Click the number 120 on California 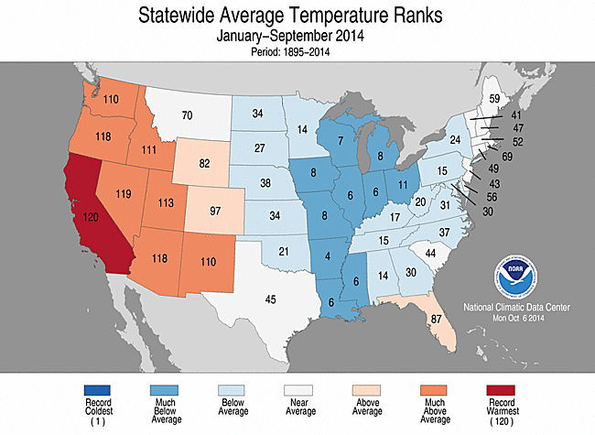click(91, 218)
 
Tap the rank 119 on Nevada click(124, 194)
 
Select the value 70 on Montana click(187, 115)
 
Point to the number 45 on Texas click(270, 299)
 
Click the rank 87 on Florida click(437, 319)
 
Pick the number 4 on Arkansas click(328, 256)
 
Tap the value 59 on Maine click(494, 99)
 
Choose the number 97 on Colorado click(215, 211)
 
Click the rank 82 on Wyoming click(204, 163)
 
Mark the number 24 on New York click(455, 140)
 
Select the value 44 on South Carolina click(430, 253)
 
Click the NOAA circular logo click(515, 277)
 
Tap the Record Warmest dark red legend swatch click(501, 390)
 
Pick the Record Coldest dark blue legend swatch click(97, 390)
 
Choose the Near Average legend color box click(298, 390)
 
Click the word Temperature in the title click(339, 16)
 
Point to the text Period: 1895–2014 click(290, 51)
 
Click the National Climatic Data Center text click(516, 307)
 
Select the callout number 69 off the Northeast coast click(507, 157)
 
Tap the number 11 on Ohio click(403, 185)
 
